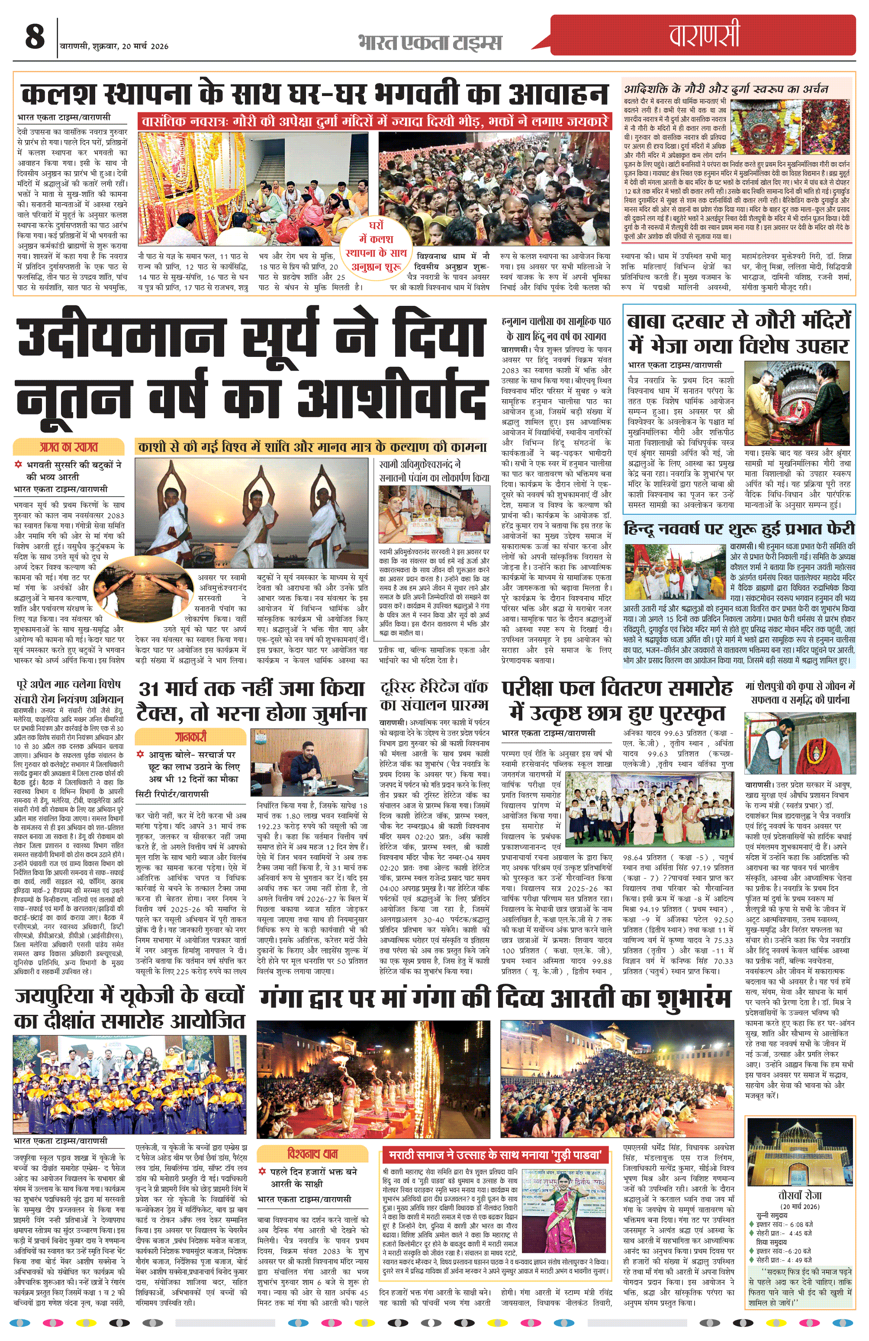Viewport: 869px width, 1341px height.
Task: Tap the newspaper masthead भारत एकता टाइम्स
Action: (429, 42)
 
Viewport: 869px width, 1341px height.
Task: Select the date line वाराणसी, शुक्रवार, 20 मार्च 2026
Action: (114, 46)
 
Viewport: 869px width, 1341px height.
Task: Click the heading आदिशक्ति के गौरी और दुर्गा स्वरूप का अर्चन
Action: (726, 89)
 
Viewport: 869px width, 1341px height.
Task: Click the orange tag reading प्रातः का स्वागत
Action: (68, 447)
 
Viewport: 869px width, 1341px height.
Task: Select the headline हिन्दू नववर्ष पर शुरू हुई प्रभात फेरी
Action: (739, 529)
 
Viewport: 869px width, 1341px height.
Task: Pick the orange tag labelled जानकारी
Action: (190, 736)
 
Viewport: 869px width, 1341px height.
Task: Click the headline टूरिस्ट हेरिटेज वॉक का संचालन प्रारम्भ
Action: (434, 696)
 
